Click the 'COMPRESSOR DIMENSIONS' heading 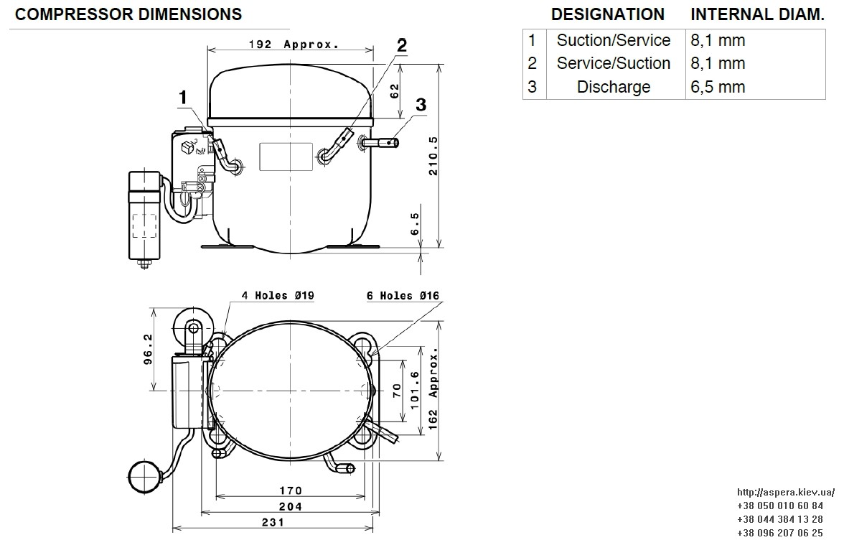(x=128, y=14)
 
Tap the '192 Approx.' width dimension (x=294, y=44)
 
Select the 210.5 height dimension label (x=433, y=156)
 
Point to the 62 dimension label (x=395, y=91)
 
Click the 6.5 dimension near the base (x=415, y=223)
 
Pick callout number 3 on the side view (x=421, y=104)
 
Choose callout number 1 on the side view (x=183, y=98)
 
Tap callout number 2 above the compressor (x=402, y=46)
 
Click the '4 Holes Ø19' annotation (x=277, y=295)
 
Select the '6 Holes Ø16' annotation (x=403, y=295)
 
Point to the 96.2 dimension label (x=148, y=349)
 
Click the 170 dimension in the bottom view (x=291, y=490)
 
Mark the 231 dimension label (x=273, y=522)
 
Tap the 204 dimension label (x=291, y=506)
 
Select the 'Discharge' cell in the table (x=614, y=87)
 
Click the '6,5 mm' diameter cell (x=718, y=87)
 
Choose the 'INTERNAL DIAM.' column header (x=757, y=14)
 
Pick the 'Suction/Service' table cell (x=614, y=40)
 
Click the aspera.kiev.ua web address (x=786, y=492)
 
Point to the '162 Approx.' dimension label (x=433, y=388)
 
